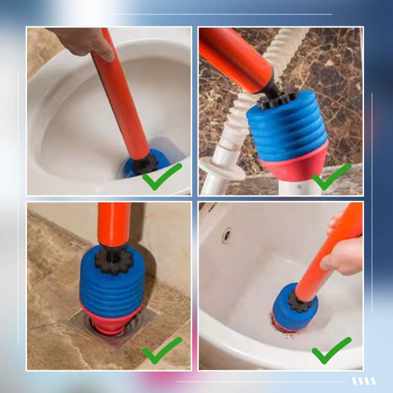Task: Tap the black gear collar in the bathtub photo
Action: click(298, 301)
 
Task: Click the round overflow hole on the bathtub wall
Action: click(226, 235)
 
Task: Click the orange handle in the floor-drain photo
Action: click(114, 224)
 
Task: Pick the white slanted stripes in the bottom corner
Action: click(364, 381)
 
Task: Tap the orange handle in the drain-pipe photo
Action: click(236, 56)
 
